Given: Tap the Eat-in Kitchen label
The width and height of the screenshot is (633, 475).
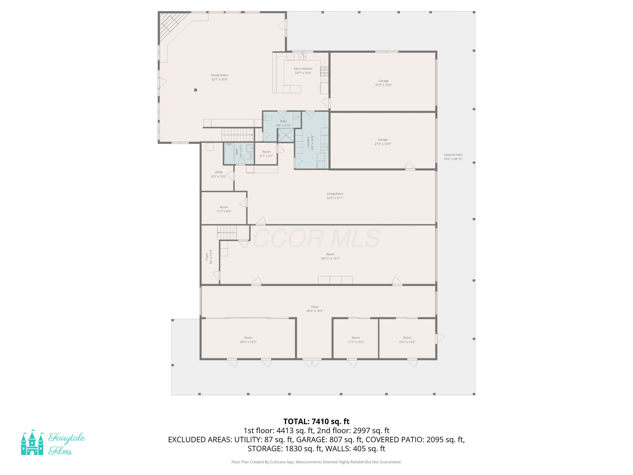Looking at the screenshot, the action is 303,69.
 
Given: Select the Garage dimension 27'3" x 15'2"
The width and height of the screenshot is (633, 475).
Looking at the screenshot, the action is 383,85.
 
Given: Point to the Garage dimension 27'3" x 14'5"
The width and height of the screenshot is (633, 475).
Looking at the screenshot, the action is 383,144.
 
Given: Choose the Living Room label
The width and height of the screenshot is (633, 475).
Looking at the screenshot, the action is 335,194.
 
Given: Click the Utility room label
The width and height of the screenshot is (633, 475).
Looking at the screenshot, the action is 219,172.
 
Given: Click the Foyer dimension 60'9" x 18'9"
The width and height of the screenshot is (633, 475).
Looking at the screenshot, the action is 315,311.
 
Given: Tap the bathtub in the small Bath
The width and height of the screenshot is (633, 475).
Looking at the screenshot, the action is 229,153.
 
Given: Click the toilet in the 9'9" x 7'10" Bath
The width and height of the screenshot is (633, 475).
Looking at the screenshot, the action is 268,118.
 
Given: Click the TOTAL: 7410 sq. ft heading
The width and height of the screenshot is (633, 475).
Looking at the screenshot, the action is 316,421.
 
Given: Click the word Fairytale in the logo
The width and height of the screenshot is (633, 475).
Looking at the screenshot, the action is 67,438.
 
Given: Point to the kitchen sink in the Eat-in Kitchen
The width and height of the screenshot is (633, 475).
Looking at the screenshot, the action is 303,56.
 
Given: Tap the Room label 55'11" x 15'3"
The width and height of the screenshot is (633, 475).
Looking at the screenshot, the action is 330,256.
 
